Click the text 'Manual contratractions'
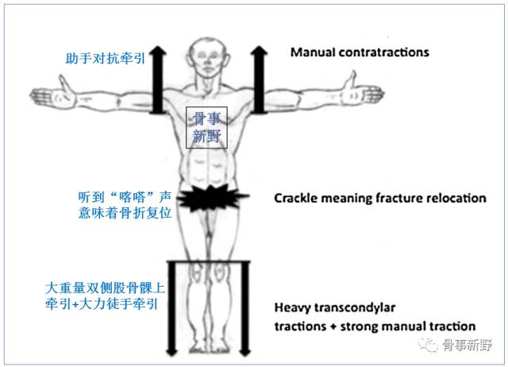(x=360, y=53)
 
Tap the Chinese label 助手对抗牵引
(x=105, y=59)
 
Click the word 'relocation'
(x=453, y=198)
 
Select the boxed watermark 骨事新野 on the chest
(x=206, y=127)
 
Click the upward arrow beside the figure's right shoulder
(x=157, y=79)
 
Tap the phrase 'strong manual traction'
(x=421, y=326)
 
